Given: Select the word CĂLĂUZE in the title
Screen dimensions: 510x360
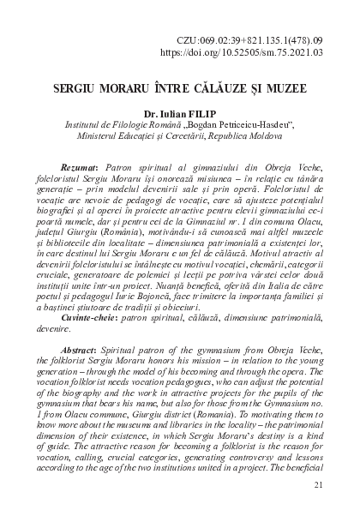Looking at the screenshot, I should pos(211,89).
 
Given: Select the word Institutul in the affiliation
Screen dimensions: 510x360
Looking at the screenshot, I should pos(87,126).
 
